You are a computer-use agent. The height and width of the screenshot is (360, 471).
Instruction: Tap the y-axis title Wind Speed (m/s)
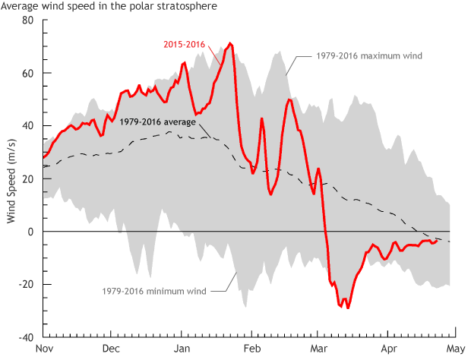tap(11, 178)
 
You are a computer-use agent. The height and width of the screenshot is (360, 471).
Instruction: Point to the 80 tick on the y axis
tap(28, 20)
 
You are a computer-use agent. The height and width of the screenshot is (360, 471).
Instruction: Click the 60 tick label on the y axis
tap(28, 73)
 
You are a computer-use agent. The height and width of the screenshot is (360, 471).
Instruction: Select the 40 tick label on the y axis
tap(28, 126)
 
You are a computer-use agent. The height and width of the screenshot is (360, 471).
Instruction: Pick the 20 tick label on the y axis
tap(28, 178)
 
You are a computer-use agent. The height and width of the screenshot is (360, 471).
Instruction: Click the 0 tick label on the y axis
tap(31, 232)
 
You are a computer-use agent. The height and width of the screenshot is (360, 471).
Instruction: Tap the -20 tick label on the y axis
tap(27, 284)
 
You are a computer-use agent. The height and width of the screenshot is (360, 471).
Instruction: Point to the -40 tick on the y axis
tap(27, 337)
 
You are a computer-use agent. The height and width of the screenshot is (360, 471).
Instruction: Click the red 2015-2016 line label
tap(185, 44)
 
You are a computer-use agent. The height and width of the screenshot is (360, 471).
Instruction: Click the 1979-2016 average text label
tap(159, 122)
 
